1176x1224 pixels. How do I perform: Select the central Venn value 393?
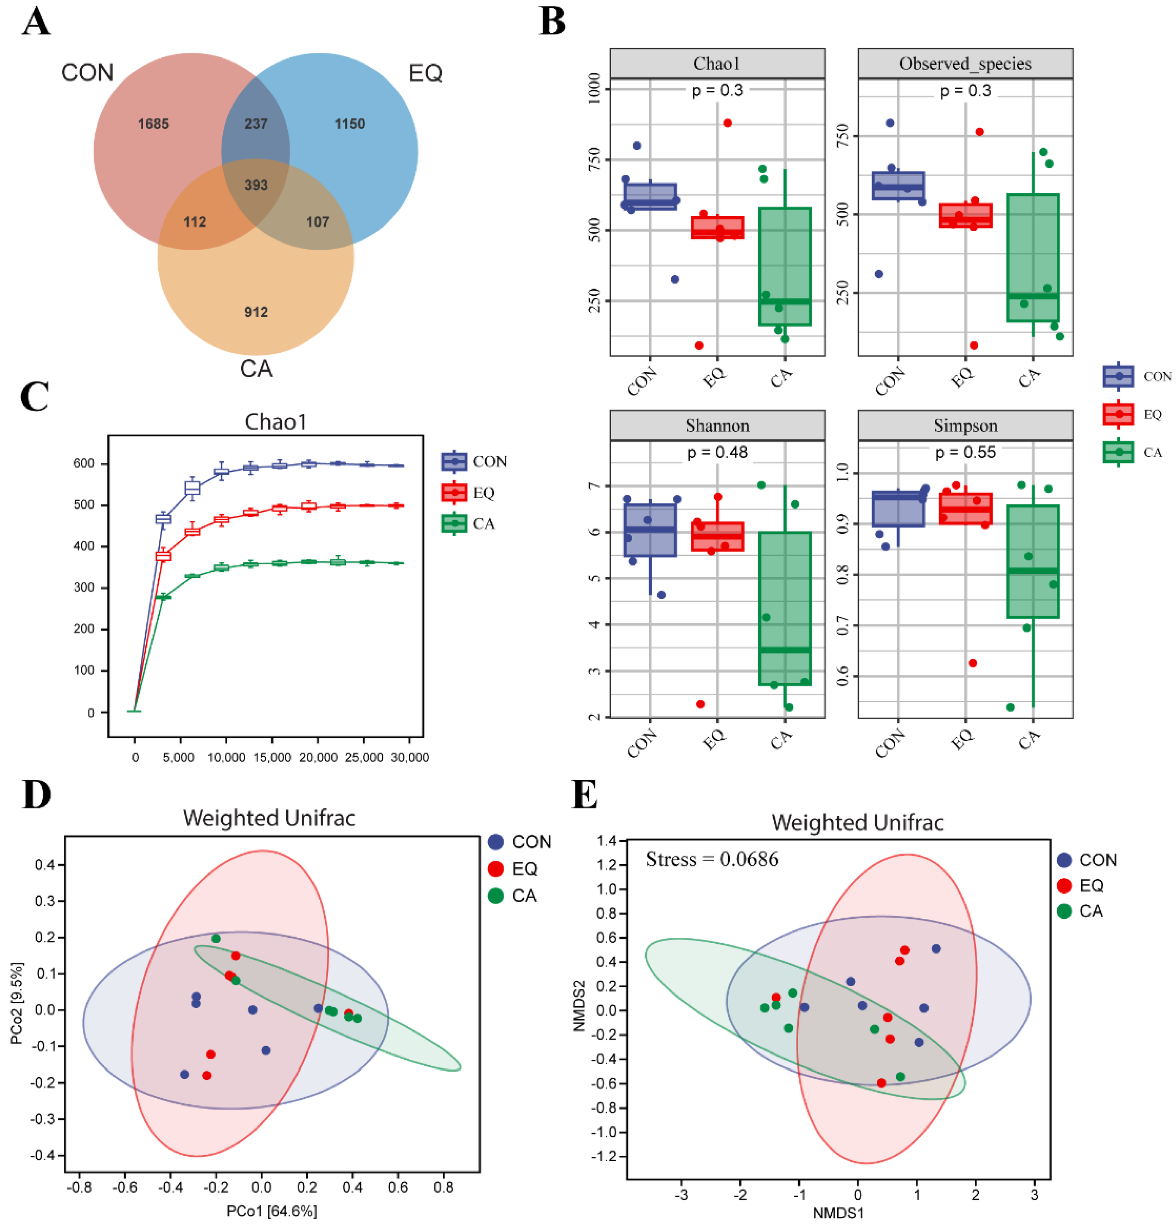click(x=256, y=185)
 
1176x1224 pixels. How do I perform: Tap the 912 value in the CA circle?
click(x=256, y=312)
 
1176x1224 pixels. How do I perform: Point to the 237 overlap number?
click(x=256, y=124)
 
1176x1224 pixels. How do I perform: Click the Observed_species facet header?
click(x=965, y=64)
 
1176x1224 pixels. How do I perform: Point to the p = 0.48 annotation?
click(x=717, y=452)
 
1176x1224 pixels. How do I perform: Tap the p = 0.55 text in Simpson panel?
click(x=965, y=452)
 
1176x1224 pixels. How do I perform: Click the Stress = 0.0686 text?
click(x=711, y=860)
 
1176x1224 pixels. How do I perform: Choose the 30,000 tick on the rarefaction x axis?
click(x=410, y=758)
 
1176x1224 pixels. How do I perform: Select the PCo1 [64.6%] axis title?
click(x=271, y=1211)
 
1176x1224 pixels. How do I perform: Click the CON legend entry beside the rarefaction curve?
click(x=489, y=461)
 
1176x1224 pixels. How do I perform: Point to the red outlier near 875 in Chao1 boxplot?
click(x=727, y=123)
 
